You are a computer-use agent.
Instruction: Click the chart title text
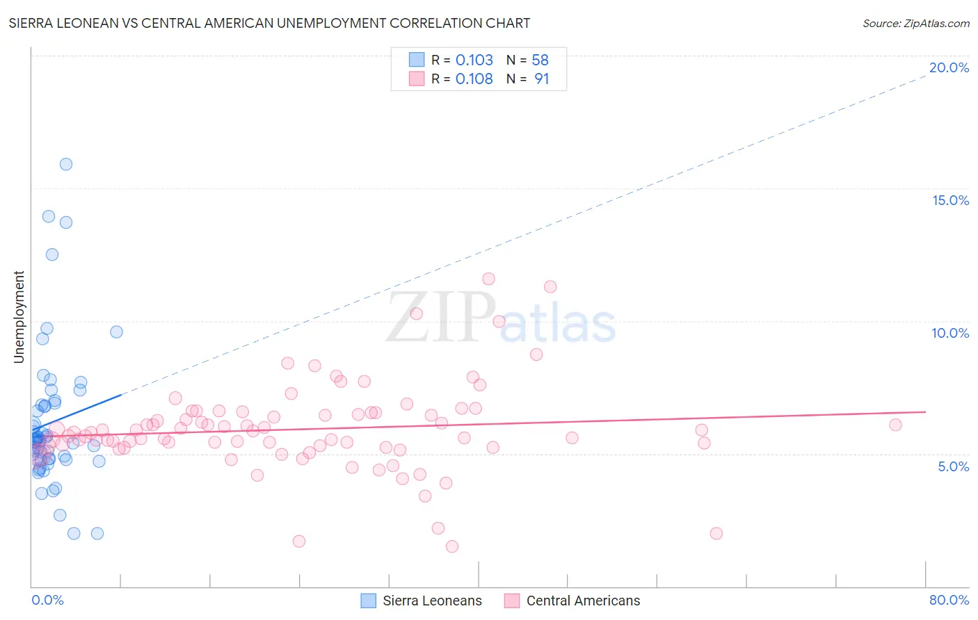[x=269, y=24]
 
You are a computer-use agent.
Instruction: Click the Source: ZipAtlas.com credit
[x=915, y=24]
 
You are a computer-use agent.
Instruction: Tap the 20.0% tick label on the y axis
[x=949, y=67]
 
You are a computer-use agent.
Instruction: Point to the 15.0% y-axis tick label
[x=950, y=200]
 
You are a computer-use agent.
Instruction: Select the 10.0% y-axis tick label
[x=950, y=333]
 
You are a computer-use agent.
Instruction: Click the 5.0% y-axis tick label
[x=953, y=466]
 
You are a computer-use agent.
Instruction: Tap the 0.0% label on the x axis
[x=47, y=600]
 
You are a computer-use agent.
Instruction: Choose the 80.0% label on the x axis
[x=949, y=600]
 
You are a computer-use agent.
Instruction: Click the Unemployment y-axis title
[x=19, y=317]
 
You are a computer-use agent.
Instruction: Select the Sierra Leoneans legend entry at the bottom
[x=432, y=601]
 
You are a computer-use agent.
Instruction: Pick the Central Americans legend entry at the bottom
[x=583, y=601]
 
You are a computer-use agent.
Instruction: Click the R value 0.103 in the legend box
[x=474, y=60]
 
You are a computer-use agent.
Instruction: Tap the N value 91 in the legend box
[x=541, y=79]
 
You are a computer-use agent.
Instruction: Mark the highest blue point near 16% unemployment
[x=66, y=165]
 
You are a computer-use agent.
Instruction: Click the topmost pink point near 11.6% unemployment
[x=488, y=279]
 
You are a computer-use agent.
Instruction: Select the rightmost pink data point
[x=895, y=425]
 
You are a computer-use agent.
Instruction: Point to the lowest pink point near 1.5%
[x=452, y=546]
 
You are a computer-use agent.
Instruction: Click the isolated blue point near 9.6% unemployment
[x=117, y=332]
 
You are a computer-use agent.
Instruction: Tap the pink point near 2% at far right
[x=716, y=533]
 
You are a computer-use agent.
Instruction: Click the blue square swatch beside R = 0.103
[x=417, y=60]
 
